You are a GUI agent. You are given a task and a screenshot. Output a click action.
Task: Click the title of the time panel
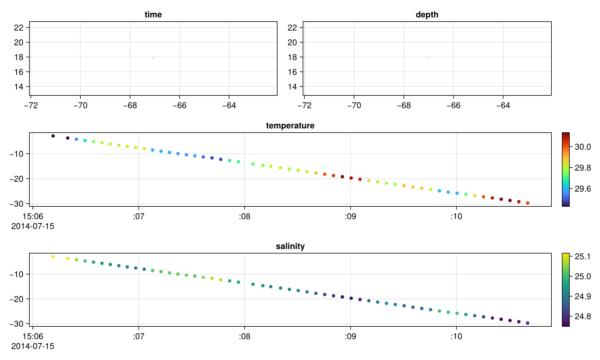(153, 15)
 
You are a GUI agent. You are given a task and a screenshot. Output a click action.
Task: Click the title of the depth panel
(427, 15)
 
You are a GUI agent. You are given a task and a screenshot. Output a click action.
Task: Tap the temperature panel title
(290, 126)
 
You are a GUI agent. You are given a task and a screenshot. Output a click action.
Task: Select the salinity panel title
(290, 246)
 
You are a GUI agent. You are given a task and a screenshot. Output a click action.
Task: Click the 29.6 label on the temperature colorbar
(583, 189)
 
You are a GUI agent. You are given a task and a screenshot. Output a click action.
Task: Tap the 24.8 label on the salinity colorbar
(583, 316)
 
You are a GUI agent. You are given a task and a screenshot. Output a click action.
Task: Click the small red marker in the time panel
(153, 58)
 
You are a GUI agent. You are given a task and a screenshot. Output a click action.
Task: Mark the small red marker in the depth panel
(427, 58)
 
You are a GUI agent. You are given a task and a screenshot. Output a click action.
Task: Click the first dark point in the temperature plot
(53, 136)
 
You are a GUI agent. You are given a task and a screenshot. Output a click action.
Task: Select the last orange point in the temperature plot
(528, 203)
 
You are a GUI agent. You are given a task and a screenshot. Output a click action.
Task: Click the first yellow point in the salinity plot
(53, 256)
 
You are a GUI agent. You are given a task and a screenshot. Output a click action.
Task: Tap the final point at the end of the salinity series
(528, 323)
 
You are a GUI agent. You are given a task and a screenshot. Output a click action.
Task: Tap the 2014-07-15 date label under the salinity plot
(33, 346)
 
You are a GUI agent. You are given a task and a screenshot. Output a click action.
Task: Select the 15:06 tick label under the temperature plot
(33, 217)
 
